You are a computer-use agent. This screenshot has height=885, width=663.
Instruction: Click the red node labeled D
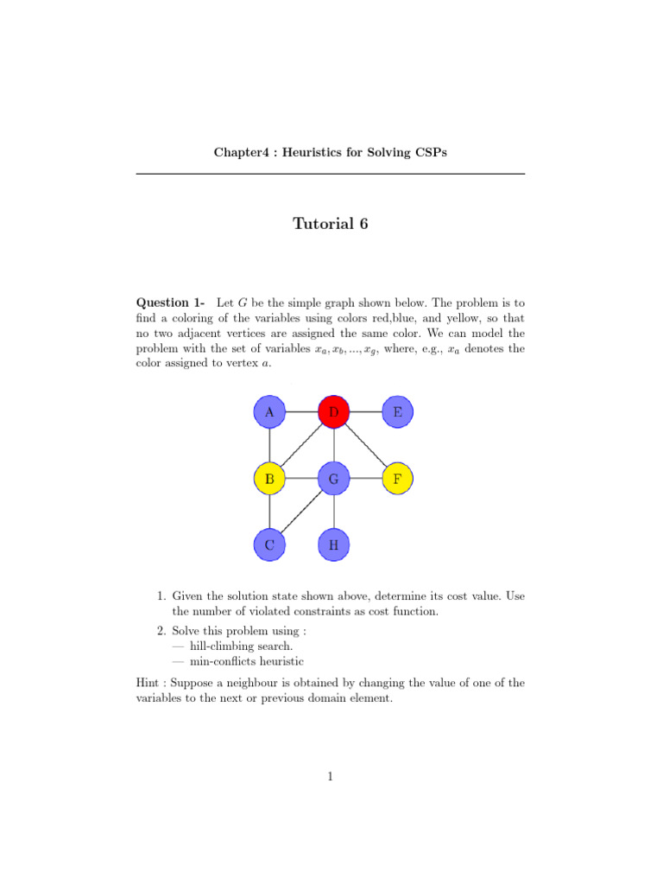[333, 412]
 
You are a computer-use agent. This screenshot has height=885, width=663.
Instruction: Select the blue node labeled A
[269, 412]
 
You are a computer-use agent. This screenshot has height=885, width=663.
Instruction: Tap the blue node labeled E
[397, 412]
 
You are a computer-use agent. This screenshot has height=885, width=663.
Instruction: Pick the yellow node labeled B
[269, 478]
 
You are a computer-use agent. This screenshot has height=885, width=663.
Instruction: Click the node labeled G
[333, 478]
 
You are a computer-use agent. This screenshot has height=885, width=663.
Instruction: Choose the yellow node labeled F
[397, 478]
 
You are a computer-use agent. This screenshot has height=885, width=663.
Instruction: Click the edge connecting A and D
[301, 412]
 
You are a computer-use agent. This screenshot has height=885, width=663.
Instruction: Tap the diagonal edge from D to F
[365, 445]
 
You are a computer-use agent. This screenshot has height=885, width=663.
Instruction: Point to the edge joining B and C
[269, 511]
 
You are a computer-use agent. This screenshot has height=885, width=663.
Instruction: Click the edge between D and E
[365, 412]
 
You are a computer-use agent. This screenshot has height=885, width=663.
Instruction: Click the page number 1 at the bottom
[331, 776]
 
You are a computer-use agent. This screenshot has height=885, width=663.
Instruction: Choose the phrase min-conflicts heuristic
[237, 661]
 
